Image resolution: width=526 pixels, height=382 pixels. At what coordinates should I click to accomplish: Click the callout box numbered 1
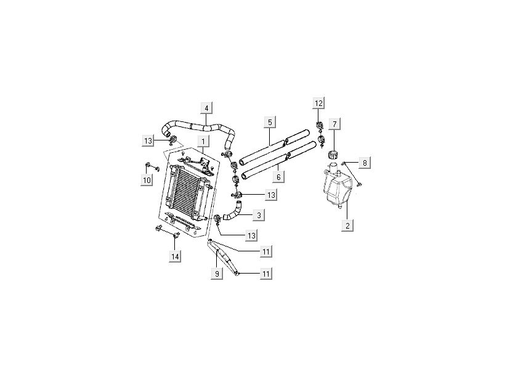(x=202, y=142)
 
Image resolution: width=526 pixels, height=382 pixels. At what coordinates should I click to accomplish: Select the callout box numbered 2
(x=348, y=226)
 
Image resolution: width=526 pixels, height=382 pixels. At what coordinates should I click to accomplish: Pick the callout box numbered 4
(x=206, y=108)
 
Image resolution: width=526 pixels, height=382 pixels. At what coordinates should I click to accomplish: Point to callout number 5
(x=270, y=121)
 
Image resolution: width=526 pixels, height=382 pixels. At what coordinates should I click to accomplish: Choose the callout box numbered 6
(x=278, y=177)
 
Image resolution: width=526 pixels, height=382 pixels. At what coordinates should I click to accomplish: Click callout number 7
(x=334, y=124)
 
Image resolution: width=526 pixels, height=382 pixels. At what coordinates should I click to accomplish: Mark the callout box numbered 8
(x=365, y=163)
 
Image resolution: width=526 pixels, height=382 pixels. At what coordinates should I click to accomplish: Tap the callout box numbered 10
(x=147, y=179)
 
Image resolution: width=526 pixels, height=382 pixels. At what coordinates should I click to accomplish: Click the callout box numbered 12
(x=318, y=102)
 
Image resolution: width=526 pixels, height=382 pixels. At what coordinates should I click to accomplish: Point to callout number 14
(x=176, y=256)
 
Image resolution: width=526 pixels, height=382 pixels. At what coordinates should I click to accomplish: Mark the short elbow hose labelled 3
(x=232, y=213)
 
